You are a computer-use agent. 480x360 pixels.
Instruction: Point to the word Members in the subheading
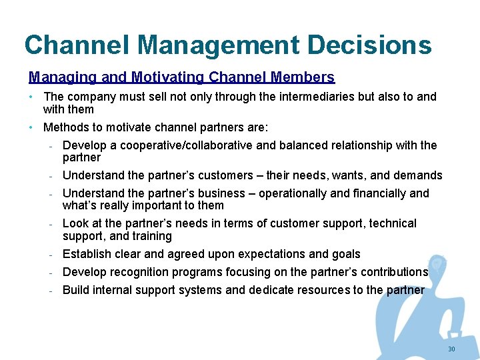[302, 77]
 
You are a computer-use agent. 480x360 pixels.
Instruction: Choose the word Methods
[65, 127]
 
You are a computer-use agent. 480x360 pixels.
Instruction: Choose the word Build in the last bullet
[75, 290]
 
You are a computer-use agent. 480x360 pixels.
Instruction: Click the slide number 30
[451, 350]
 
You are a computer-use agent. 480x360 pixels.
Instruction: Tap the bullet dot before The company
[31, 97]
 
